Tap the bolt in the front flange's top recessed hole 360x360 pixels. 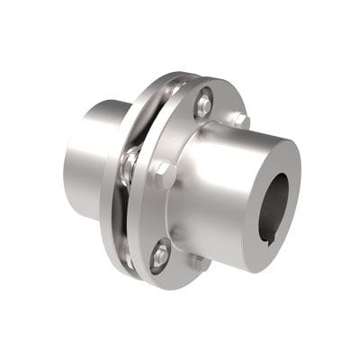point(204,103)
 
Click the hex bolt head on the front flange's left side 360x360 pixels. point(162,174)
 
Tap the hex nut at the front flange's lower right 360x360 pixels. point(201,262)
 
